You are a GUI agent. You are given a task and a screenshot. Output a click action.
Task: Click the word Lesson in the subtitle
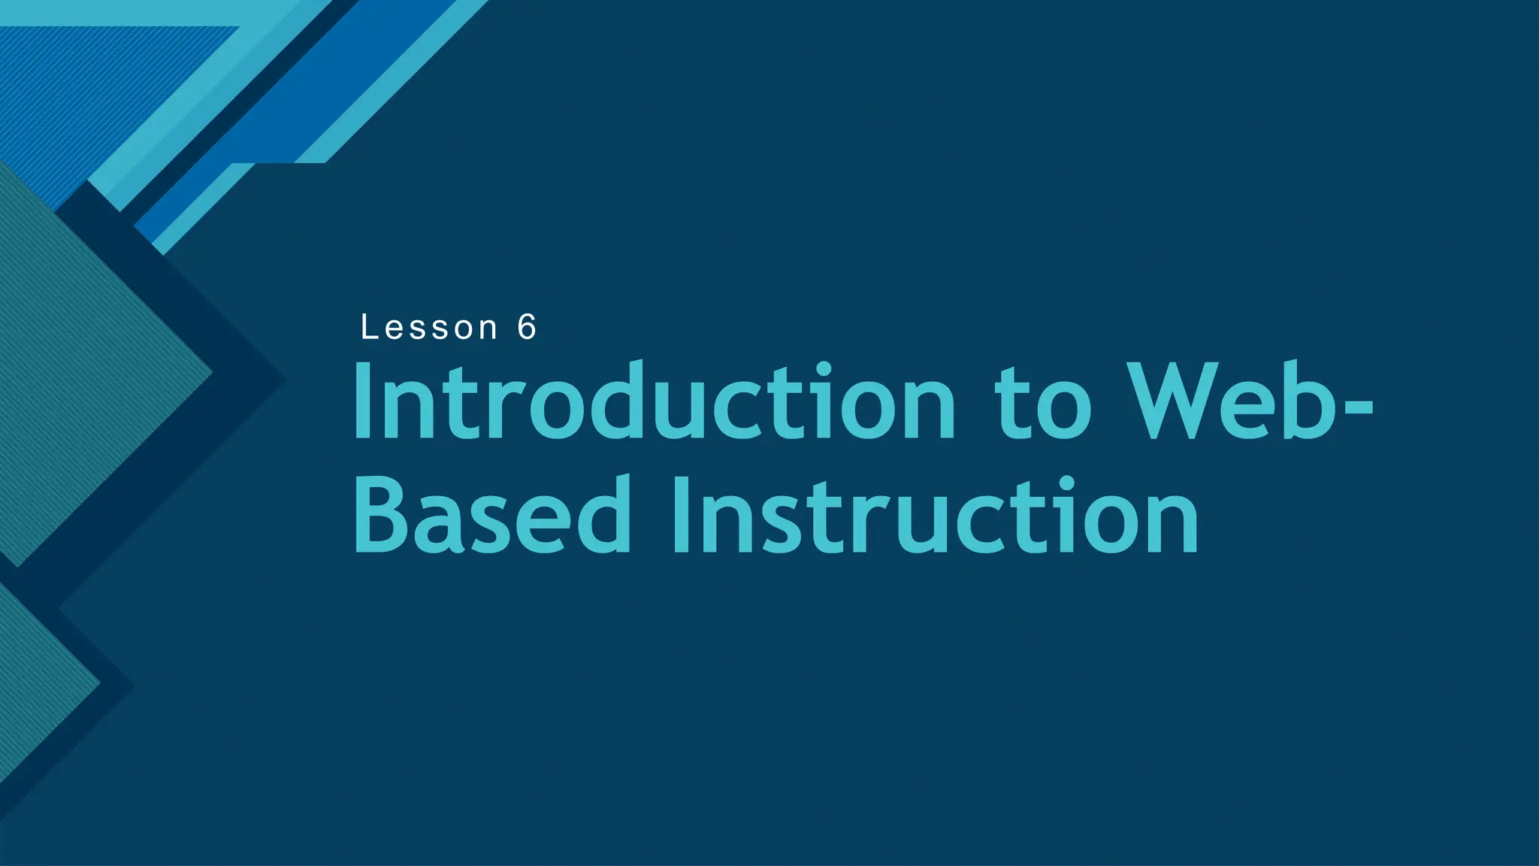click(x=429, y=328)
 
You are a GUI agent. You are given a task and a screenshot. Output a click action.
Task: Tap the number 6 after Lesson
click(x=527, y=328)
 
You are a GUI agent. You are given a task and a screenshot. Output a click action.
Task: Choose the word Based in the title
click(x=492, y=517)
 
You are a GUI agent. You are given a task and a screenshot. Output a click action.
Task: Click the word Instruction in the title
click(x=935, y=517)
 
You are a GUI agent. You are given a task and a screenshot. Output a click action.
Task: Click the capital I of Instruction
click(x=681, y=517)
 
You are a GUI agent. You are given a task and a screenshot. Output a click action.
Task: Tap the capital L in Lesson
click(x=368, y=328)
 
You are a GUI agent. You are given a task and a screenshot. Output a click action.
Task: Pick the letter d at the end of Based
click(x=601, y=517)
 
